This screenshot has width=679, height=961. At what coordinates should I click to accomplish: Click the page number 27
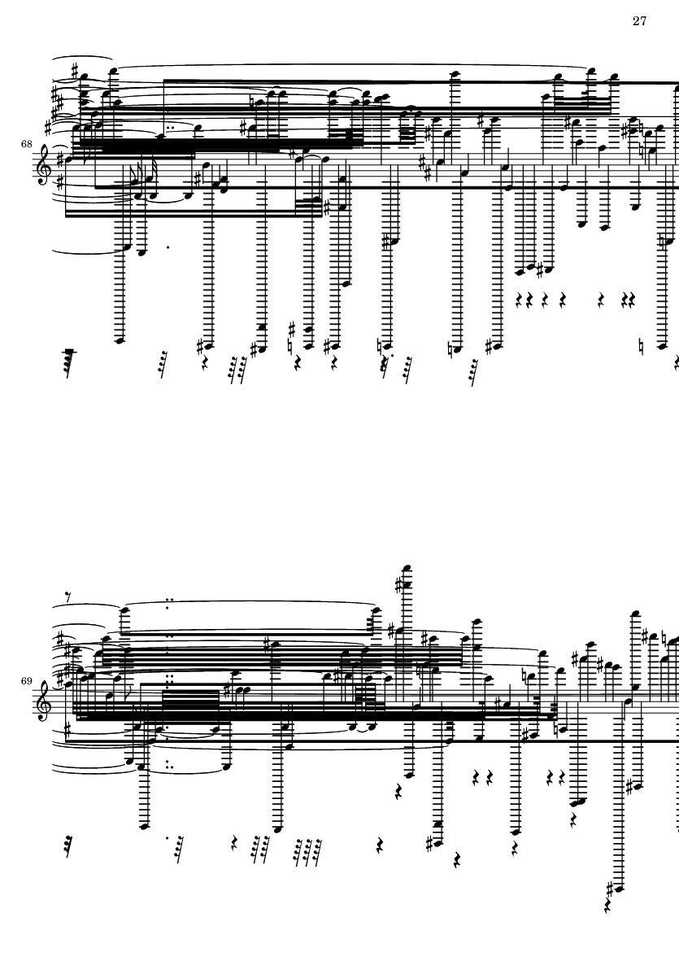coord(639,21)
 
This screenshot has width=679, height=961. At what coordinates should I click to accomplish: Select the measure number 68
coord(26,144)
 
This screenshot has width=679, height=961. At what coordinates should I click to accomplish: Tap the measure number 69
coord(26,681)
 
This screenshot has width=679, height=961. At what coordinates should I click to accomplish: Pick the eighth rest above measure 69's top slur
coord(68,596)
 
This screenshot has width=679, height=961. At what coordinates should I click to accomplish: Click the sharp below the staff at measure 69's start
coord(67,730)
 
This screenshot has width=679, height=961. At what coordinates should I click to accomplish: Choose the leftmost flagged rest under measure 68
coord(69,361)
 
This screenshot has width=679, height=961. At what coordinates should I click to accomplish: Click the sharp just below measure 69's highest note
coord(398,586)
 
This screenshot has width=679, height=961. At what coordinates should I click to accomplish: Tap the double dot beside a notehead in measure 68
coord(169,129)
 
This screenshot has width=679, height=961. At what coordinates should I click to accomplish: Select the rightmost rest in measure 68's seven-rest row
coord(632,299)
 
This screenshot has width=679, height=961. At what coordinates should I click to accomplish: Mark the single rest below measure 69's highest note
coord(398,792)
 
